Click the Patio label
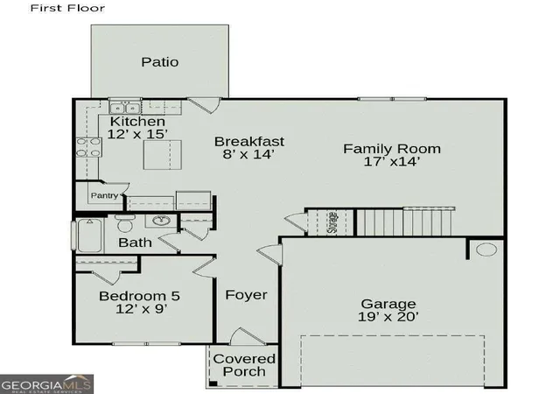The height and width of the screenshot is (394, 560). click(x=159, y=62)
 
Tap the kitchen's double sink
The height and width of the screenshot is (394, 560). click(x=124, y=108)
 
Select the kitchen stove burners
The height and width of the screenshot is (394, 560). click(x=88, y=147)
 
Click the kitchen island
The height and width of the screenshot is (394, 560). click(x=163, y=155)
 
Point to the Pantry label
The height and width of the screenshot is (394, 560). click(x=104, y=195)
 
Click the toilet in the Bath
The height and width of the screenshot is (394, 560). click(x=124, y=224)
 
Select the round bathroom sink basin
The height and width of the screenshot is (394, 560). click(x=161, y=221)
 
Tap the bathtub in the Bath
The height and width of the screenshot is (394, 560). click(x=89, y=236)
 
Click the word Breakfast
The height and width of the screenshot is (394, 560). click(x=249, y=142)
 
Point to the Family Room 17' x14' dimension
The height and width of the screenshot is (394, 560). click(x=391, y=162)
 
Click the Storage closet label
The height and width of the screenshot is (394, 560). click(x=332, y=222)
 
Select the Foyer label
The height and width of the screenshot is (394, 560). click(x=246, y=295)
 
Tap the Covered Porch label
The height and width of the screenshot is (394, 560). click(x=244, y=365)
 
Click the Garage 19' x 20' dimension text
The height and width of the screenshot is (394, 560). click(x=388, y=317)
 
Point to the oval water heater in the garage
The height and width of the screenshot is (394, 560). click(x=486, y=250)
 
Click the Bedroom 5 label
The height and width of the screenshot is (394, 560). click(x=139, y=296)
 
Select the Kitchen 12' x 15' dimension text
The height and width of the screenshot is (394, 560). click(x=137, y=134)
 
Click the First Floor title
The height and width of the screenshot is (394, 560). click(x=67, y=8)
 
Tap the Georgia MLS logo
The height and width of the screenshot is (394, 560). click(x=46, y=384)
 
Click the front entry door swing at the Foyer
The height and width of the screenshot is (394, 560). click(x=246, y=336)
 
